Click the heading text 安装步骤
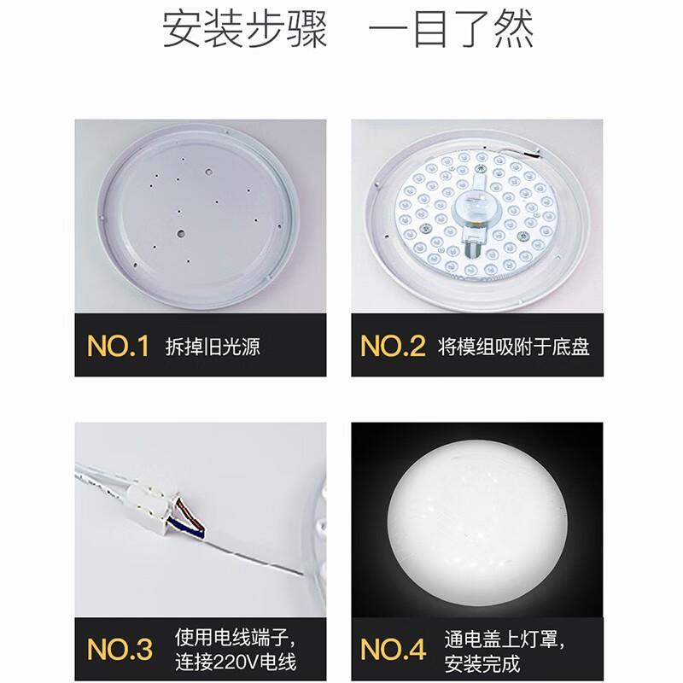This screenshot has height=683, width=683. (x=244, y=29)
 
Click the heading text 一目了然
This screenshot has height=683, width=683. (x=452, y=29)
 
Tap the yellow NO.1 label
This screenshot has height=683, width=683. (x=118, y=347)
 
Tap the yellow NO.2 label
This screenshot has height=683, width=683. (x=393, y=347)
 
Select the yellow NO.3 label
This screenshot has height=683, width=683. (x=120, y=650)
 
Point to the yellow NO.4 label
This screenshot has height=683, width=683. (x=394, y=650)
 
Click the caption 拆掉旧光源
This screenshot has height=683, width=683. (x=213, y=347)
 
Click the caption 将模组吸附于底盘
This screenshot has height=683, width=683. (x=514, y=347)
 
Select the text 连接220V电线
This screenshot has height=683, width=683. (x=236, y=663)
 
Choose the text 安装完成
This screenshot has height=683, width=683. (x=482, y=664)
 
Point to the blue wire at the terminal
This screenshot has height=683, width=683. (x=186, y=526)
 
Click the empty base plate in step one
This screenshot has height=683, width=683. (x=198, y=217)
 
